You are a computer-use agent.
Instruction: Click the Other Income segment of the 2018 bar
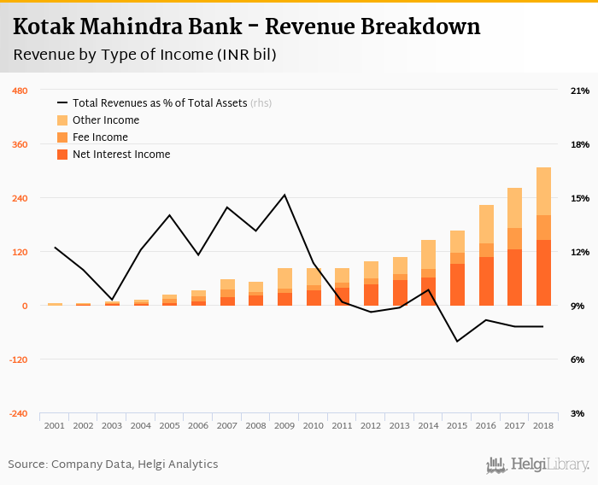click(x=543, y=191)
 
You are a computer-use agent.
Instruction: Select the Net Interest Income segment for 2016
click(x=486, y=281)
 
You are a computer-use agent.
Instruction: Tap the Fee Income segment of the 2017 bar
click(x=514, y=238)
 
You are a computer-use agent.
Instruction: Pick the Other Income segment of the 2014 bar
click(x=428, y=254)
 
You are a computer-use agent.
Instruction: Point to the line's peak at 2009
click(x=284, y=195)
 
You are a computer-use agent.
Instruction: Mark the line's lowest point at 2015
click(x=457, y=342)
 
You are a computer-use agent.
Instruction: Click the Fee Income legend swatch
click(x=62, y=137)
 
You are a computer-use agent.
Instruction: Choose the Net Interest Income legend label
click(x=121, y=155)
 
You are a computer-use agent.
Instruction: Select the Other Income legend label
click(x=106, y=120)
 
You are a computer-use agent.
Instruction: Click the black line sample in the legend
click(x=62, y=103)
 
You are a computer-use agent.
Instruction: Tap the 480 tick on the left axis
click(x=19, y=91)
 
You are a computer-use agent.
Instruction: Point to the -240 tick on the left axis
click(x=18, y=413)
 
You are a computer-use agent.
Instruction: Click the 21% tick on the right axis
click(x=580, y=91)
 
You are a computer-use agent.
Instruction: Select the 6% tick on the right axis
click(x=577, y=359)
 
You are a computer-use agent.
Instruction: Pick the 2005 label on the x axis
click(x=170, y=425)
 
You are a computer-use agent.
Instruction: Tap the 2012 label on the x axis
click(x=371, y=425)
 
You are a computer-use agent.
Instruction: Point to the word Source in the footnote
click(x=28, y=465)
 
